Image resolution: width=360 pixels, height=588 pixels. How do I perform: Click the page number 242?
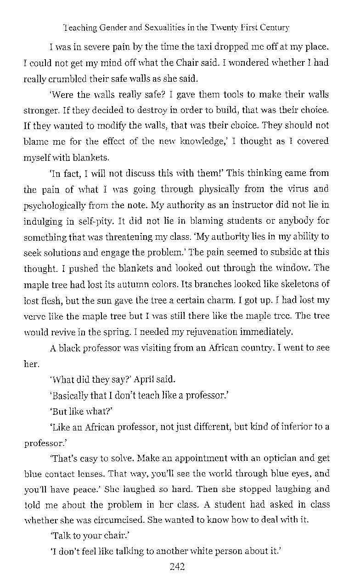[177, 567]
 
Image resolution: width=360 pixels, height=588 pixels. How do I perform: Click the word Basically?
[72, 396]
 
